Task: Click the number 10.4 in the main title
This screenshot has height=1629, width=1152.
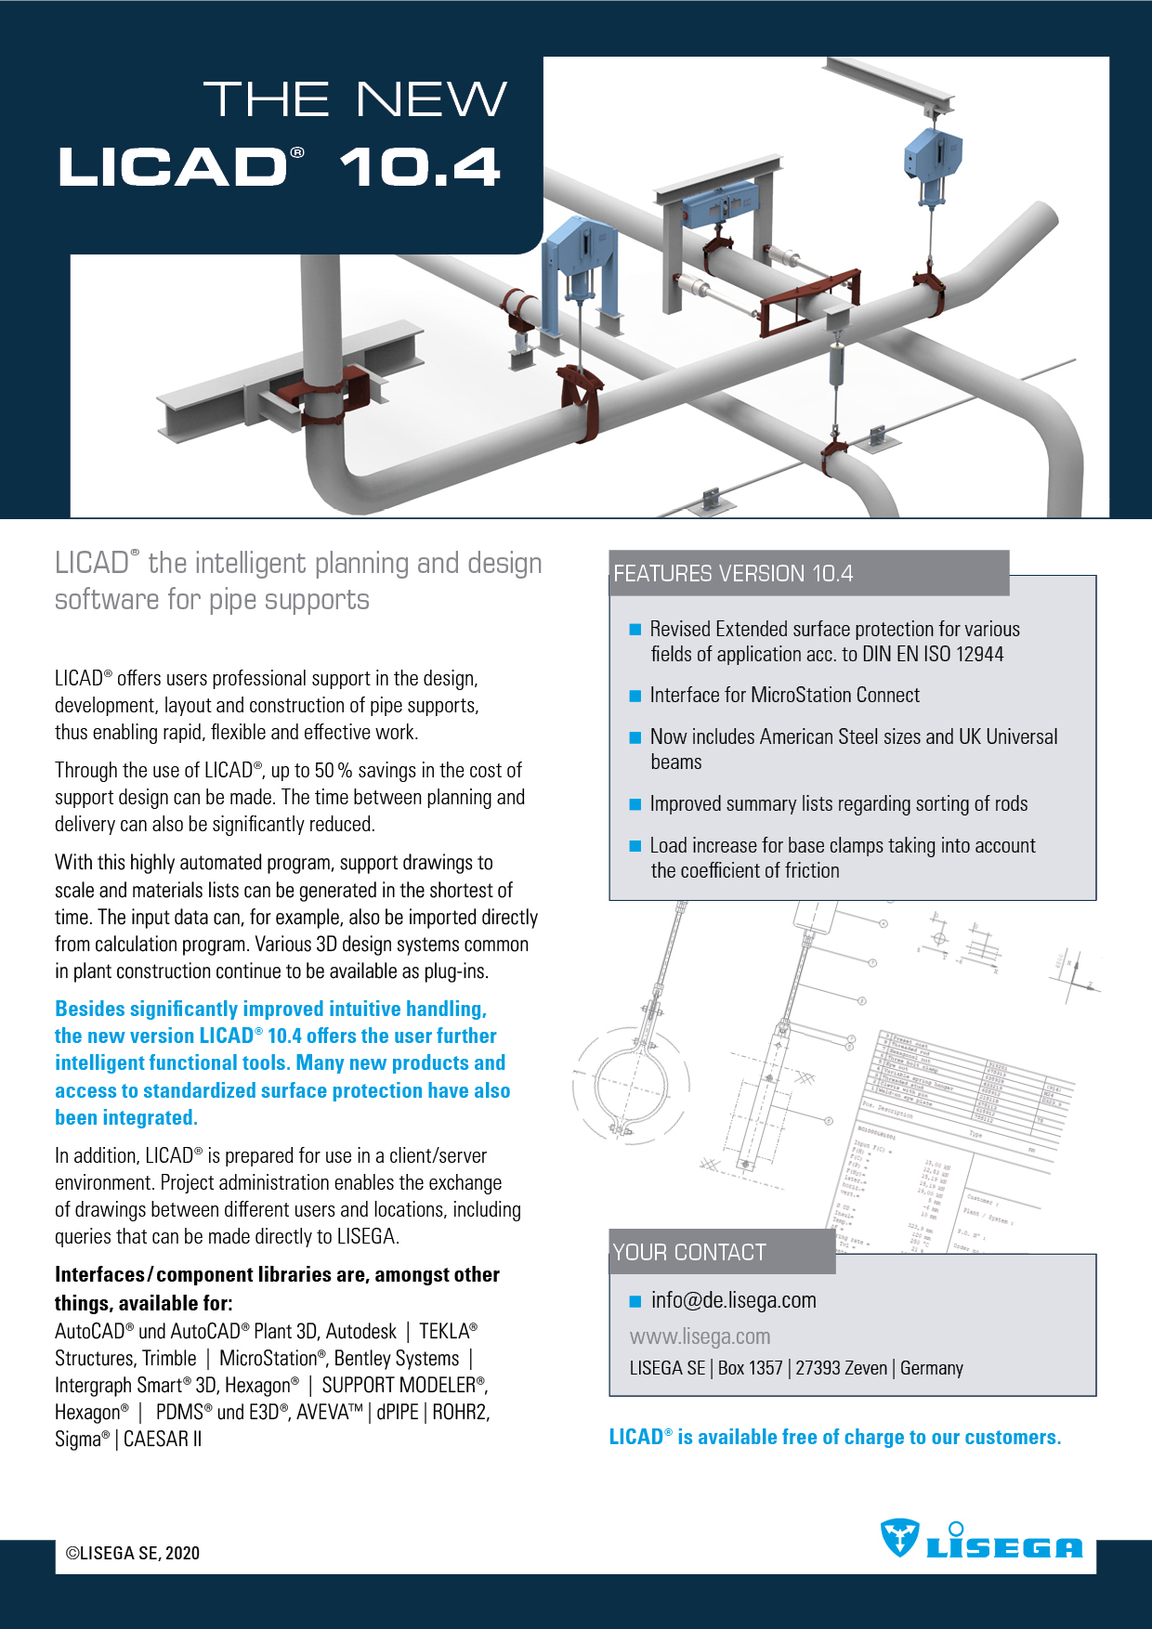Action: [420, 168]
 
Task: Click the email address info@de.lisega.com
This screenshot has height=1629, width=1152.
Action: [733, 1300]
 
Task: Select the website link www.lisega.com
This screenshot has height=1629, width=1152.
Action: [700, 1336]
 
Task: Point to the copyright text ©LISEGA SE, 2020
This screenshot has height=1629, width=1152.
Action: [133, 1553]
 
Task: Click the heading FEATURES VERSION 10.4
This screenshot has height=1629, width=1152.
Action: [732, 574]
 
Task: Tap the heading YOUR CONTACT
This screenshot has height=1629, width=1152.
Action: [688, 1252]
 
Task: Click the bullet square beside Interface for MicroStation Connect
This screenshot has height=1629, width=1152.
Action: [635, 696]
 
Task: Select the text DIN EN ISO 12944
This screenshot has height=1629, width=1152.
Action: [933, 654]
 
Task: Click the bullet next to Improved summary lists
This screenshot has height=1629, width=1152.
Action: [635, 804]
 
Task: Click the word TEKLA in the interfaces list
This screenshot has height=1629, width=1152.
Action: [445, 1331]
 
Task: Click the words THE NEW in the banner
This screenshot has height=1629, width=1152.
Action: [355, 99]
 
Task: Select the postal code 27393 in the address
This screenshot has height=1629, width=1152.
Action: [818, 1368]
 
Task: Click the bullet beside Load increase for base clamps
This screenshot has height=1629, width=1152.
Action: [635, 846]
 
